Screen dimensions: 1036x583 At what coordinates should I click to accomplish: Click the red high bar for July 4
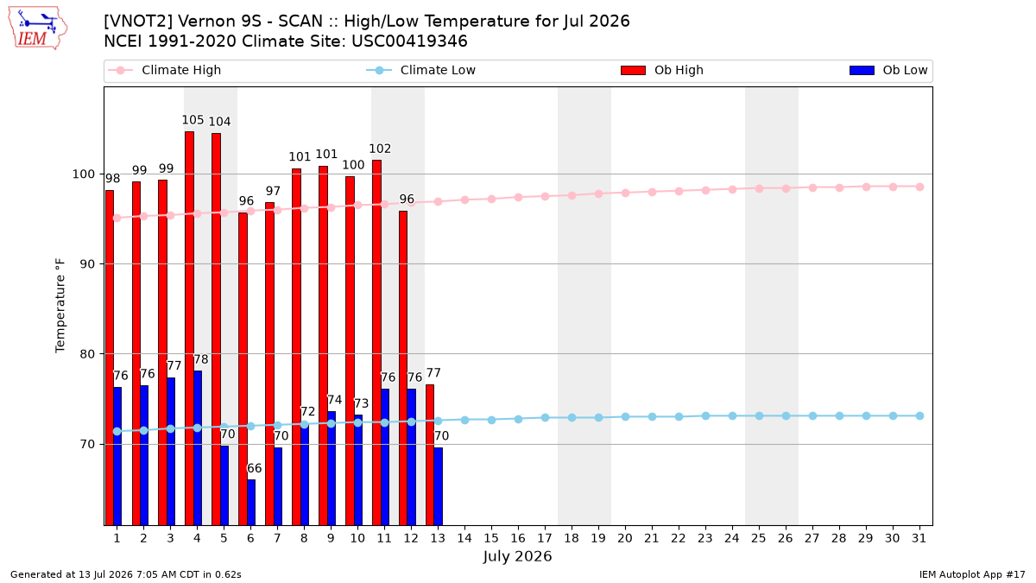coord(189,328)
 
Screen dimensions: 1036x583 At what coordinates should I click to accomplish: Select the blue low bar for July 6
coord(251,503)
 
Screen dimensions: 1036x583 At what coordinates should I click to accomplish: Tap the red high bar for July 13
coord(430,455)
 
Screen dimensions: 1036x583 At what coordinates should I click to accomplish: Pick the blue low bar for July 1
coord(117,456)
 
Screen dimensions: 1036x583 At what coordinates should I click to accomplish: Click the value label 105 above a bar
coord(193,120)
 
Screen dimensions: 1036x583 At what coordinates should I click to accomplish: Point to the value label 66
coord(255,468)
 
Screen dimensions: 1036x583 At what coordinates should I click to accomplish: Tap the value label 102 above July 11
coord(380,149)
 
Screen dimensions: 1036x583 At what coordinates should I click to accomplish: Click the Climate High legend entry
coord(165,70)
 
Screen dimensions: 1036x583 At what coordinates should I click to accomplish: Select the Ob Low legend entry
coord(888,70)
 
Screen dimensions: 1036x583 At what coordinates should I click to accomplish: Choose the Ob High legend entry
coord(662,70)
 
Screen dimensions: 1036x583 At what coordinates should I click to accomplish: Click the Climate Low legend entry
coord(421,70)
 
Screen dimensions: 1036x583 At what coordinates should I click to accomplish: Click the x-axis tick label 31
coord(919,538)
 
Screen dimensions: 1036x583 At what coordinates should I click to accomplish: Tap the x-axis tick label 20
coord(625,538)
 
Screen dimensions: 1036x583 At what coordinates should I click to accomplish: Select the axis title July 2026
coord(517,556)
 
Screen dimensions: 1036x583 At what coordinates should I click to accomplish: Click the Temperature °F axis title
coord(60,307)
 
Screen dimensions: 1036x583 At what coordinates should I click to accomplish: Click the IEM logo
coord(37,29)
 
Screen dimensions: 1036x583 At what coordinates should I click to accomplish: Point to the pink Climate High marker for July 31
coord(920,187)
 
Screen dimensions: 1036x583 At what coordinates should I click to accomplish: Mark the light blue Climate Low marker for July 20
coord(625,417)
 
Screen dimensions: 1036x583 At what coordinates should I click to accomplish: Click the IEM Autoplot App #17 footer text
coord(972,574)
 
